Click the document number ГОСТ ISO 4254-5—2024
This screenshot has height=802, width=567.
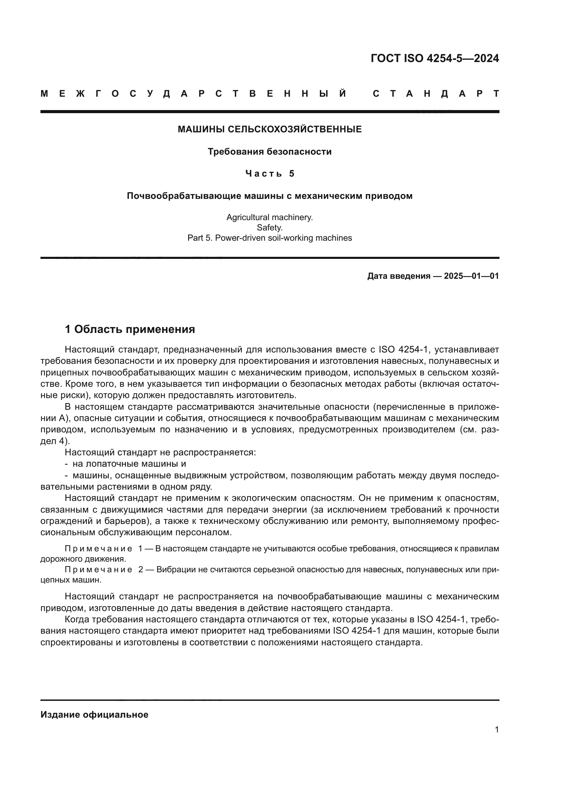coord(435,58)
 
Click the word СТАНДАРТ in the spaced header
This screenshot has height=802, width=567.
coord(436,94)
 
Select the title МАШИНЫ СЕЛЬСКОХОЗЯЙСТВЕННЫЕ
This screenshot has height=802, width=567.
coord(269,130)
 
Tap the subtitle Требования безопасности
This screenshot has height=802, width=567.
coord(269,152)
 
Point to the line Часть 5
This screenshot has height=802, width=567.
coord(269,173)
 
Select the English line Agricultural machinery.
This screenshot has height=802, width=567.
coord(269,217)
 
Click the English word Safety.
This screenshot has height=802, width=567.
coord(269,228)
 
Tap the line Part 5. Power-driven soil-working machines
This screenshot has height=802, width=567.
coord(269,238)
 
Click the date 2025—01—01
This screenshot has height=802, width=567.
coord(471,276)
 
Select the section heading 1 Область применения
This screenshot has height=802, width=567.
coord(130,329)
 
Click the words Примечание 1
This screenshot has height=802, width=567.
coord(104,549)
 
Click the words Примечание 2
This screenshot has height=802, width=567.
coord(104,570)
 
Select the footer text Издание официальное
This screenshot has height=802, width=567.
coord(94,715)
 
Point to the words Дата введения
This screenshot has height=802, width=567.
coord(398,276)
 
